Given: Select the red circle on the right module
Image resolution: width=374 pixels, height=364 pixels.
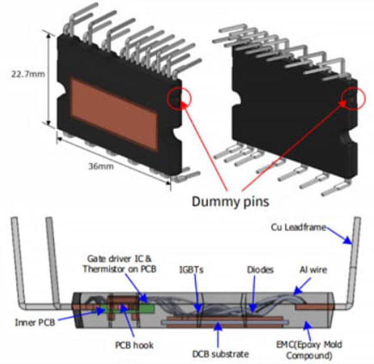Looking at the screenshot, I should (x=354, y=98).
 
